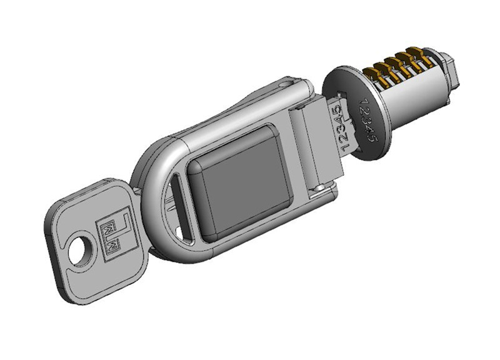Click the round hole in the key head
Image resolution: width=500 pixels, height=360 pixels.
click(78, 251)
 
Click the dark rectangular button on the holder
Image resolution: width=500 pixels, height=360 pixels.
click(241, 183)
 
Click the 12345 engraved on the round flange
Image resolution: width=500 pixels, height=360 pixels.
click(368, 119)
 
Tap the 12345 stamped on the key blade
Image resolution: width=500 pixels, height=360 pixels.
click(341, 127)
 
